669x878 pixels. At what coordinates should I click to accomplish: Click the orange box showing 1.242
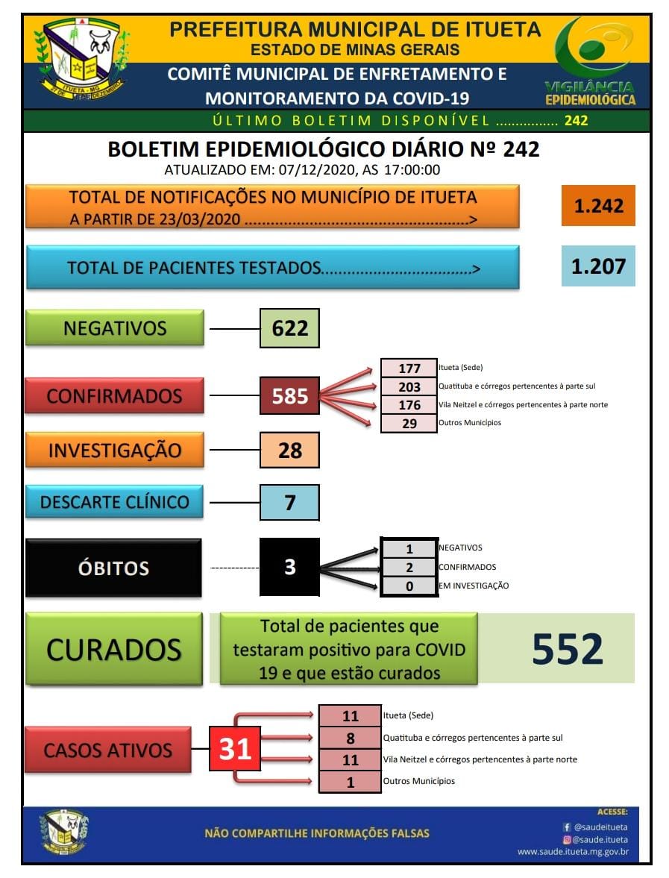point(598,206)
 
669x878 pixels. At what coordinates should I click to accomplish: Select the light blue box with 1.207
point(598,266)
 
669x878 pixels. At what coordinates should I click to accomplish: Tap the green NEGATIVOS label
point(114,328)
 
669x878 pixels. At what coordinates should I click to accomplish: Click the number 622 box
point(289,328)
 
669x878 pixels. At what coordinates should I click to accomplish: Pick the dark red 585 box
point(289,395)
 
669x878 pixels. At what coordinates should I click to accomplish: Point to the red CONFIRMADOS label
point(114,395)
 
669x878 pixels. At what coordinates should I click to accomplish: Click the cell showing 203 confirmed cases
point(409,386)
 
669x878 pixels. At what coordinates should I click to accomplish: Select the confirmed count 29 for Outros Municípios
point(409,423)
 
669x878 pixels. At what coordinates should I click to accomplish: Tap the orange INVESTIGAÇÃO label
point(114,451)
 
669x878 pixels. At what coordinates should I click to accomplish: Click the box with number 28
point(289,451)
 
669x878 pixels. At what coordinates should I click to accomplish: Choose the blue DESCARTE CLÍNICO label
point(114,502)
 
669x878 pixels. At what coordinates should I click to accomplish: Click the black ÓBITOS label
point(113,568)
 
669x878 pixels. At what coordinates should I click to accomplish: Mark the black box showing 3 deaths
point(289,568)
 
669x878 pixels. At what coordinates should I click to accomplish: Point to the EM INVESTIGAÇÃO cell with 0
point(409,586)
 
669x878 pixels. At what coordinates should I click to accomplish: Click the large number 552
point(567,649)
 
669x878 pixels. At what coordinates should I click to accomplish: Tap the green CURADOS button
point(113,649)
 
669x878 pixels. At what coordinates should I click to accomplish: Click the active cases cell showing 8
point(350,739)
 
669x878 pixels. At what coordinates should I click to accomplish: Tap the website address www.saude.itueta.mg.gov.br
point(573,851)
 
